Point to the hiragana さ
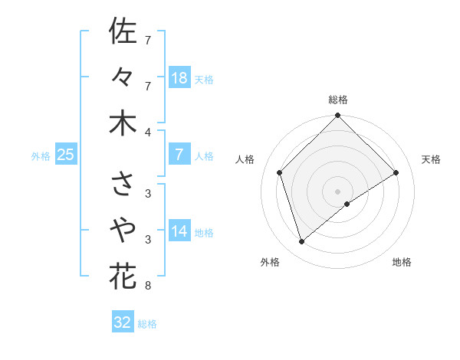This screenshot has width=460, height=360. pyautogui.click(x=123, y=184)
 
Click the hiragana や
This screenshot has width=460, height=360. pyautogui.click(x=123, y=230)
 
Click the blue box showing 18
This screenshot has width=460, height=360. pyautogui.click(x=179, y=77)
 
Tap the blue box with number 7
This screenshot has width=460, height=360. pyautogui.click(x=179, y=154)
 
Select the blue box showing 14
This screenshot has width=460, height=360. pyautogui.click(x=179, y=231)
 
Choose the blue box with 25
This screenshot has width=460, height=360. pyautogui.click(x=65, y=155)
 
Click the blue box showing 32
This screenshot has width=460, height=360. pyautogui.click(x=123, y=322)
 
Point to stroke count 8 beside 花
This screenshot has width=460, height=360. pyautogui.click(x=148, y=286)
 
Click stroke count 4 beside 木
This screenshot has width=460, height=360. pyautogui.click(x=148, y=133)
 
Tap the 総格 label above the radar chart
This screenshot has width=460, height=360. pyautogui.click(x=337, y=100)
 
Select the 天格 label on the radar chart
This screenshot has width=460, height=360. pyautogui.click(x=431, y=159)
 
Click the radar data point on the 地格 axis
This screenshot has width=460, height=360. pyautogui.click(x=347, y=204)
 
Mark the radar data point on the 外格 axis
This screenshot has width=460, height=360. pyautogui.click(x=302, y=242)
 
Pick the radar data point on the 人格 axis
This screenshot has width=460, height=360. pyautogui.click(x=280, y=172)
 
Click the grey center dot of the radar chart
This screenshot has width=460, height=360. pyautogui.click(x=337, y=191)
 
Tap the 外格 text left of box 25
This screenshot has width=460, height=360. pyautogui.click(x=41, y=156)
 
